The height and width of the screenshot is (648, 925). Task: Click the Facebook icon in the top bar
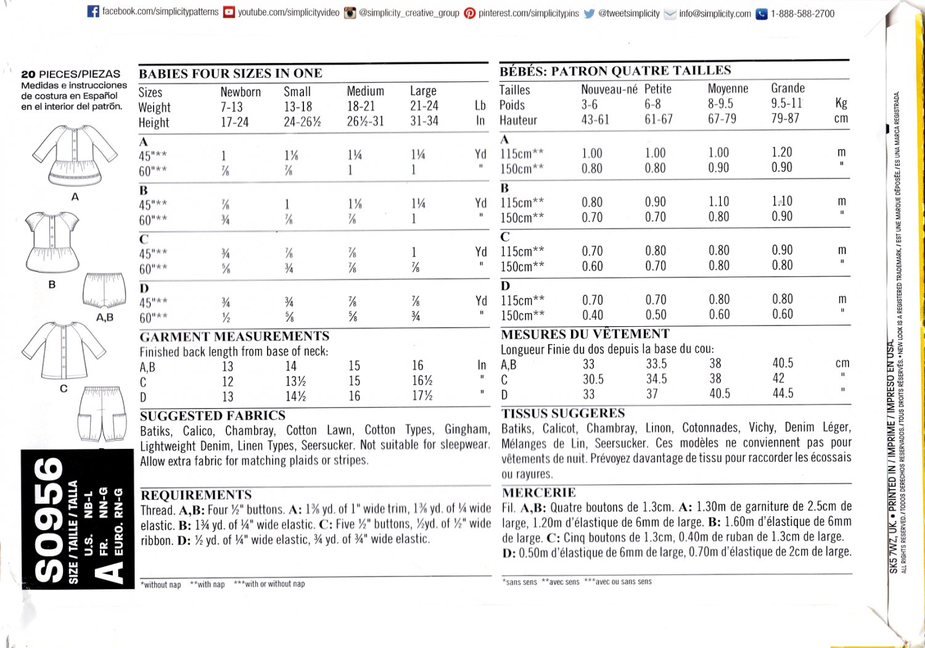[93, 12]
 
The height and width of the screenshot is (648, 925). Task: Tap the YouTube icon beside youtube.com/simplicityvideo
[229, 12]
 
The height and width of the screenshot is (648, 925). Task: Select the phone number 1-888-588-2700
[802, 14]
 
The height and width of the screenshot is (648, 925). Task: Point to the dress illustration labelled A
[75, 155]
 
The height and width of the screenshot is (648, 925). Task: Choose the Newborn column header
[240, 92]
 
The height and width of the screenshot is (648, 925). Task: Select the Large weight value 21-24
[424, 106]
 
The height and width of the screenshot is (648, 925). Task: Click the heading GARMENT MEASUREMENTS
[234, 336]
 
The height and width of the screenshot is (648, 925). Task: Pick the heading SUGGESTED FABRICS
[213, 416]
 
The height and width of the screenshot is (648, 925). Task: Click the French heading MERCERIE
[538, 493]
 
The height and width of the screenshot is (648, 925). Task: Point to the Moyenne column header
[728, 89]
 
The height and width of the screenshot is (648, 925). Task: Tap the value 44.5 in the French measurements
[783, 393]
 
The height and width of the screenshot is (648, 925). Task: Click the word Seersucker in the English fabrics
[327, 445]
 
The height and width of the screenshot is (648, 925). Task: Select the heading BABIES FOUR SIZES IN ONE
[231, 73]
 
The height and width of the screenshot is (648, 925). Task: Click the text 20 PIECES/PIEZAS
[71, 74]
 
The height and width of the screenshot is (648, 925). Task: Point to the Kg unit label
[841, 103]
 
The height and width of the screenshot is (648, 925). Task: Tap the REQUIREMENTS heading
[196, 495]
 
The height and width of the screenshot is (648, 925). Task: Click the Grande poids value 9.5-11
[786, 103]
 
